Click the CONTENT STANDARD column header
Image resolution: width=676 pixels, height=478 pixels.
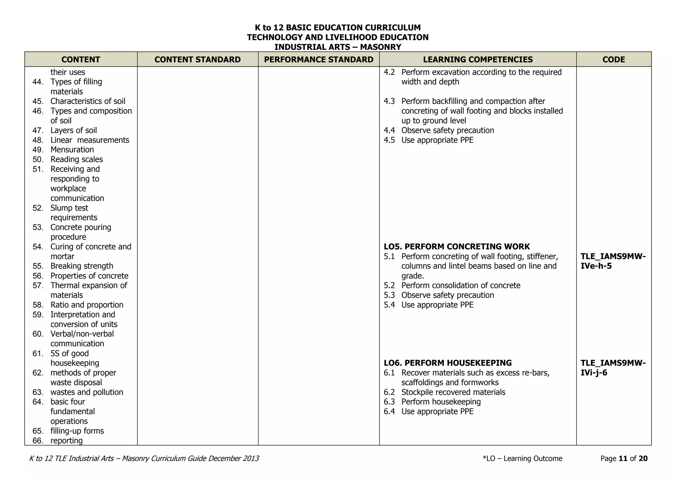[x=197, y=59]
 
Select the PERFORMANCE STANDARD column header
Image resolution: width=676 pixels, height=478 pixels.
[x=319, y=59]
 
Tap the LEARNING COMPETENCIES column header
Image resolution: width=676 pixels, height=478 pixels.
[x=478, y=59]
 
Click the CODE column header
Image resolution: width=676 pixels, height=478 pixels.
[x=614, y=59]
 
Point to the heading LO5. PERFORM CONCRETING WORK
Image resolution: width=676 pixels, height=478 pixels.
[x=456, y=247]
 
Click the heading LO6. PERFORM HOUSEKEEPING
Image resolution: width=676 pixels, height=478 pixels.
[x=448, y=363]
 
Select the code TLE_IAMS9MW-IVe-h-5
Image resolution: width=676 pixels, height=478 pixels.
[x=613, y=261]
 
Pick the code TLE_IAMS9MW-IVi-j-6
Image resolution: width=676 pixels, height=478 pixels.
[x=613, y=368]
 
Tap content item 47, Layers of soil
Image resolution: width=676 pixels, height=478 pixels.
[x=73, y=130]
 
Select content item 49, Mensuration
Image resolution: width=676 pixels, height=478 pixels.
[x=72, y=150]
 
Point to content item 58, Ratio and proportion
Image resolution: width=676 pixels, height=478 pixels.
[x=86, y=305]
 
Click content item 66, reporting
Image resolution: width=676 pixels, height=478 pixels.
[x=66, y=441]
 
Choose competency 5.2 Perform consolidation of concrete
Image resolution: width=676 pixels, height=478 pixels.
[x=460, y=285]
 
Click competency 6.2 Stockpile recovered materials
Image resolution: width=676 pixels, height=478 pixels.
[x=453, y=392]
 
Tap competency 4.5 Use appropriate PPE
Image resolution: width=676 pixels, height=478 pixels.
[x=437, y=140]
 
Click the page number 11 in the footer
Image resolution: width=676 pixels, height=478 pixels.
[x=623, y=459]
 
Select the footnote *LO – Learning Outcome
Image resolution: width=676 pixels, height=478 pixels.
[x=522, y=459]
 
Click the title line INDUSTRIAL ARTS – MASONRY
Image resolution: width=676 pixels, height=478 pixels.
[x=338, y=47]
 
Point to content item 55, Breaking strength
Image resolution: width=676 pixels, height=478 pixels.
[x=82, y=266]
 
